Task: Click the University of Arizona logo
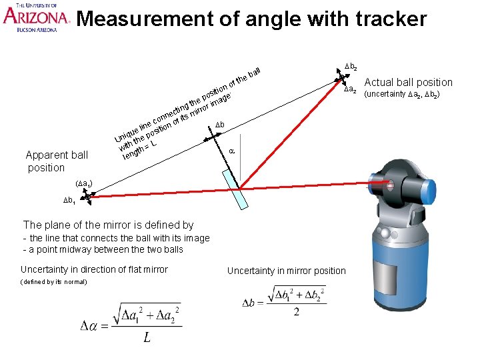(x=35, y=17)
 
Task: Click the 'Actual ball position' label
(x=408, y=83)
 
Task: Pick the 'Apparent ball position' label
(x=56, y=161)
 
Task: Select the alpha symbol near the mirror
(x=231, y=151)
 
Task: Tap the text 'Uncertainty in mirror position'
(x=286, y=271)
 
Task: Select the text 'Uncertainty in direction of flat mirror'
(x=94, y=269)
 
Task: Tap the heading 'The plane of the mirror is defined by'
(x=108, y=225)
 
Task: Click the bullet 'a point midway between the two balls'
(x=103, y=249)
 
